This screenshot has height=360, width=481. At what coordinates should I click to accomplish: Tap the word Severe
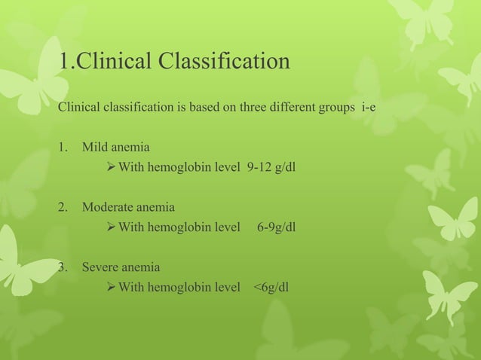point(100,267)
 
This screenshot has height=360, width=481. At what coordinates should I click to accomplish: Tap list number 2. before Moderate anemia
point(64,206)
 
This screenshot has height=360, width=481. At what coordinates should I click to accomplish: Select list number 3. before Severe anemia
point(64,267)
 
